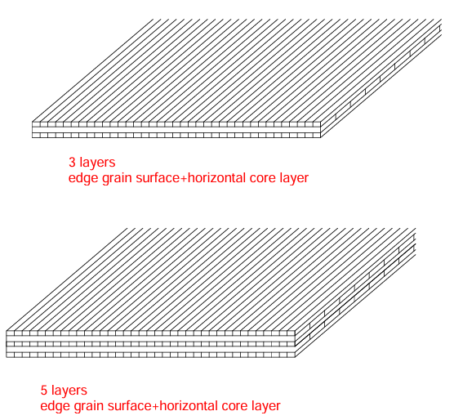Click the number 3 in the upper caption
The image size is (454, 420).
72,163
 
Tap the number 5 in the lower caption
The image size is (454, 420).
44,390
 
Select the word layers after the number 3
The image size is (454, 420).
97,163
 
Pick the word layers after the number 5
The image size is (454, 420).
69,391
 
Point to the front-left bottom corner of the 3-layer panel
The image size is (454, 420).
32,137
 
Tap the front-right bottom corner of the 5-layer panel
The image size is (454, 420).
295,357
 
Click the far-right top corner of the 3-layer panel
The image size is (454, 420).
441,20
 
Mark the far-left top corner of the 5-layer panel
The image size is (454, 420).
127,228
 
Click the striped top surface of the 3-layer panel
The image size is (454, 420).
237,70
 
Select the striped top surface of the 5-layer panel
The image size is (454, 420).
211,279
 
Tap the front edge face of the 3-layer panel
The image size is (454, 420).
176,130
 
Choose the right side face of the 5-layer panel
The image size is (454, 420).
355,293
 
